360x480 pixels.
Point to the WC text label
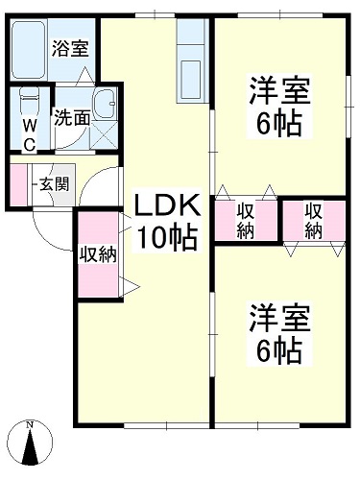coord(29,134)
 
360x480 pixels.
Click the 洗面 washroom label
coord(71,119)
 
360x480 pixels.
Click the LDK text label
coord(165,206)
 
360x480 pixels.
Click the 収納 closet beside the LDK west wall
coord(97,253)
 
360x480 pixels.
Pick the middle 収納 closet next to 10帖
coord(246,219)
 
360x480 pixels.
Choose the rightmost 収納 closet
coord(314,219)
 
